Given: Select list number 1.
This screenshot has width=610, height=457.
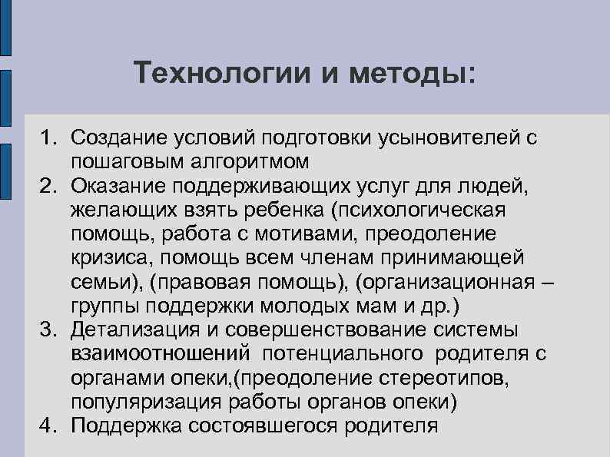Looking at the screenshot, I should (50, 138).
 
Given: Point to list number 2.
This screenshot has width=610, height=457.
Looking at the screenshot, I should (50, 186).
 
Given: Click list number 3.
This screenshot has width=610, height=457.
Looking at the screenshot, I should (50, 330).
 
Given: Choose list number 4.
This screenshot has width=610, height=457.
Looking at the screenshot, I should (50, 426).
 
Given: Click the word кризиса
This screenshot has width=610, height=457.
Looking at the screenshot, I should (108, 258).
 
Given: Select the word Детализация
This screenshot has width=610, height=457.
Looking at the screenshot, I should (137, 330).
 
